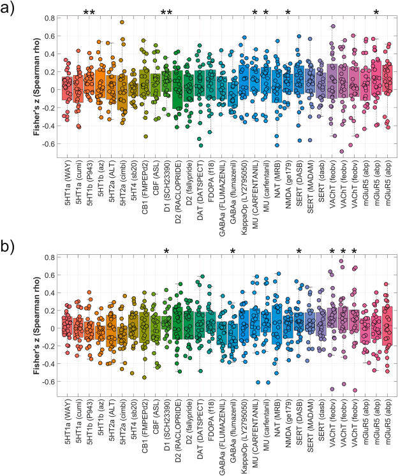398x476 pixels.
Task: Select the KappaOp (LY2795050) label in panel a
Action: click(244, 194)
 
